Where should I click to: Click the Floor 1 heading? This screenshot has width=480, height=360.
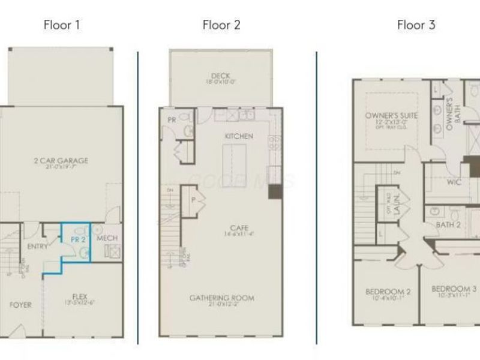pyautogui.click(x=62, y=25)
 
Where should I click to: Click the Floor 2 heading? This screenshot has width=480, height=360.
pyautogui.click(x=221, y=25)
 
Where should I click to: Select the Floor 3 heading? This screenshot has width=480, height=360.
pyautogui.click(x=416, y=25)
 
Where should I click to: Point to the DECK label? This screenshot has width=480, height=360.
pyautogui.click(x=221, y=76)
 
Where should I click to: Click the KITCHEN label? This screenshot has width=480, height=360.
pyautogui.click(x=239, y=136)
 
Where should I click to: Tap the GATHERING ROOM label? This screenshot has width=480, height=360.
pyautogui.click(x=222, y=298)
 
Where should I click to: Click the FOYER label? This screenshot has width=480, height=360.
pyautogui.click(x=20, y=305)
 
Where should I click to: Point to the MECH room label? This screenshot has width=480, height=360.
pyautogui.click(x=107, y=239)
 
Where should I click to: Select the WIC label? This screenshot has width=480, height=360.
pyautogui.click(x=454, y=182)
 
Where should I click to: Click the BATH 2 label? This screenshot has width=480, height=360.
pyautogui.click(x=448, y=225)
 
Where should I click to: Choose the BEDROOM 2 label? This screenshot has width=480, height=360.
pyautogui.click(x=388, y=292)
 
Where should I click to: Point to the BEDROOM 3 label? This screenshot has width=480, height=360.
pyautogui.click(x=454, y=289)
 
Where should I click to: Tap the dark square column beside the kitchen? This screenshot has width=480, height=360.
pyautogui.click(x=275, y=191)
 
